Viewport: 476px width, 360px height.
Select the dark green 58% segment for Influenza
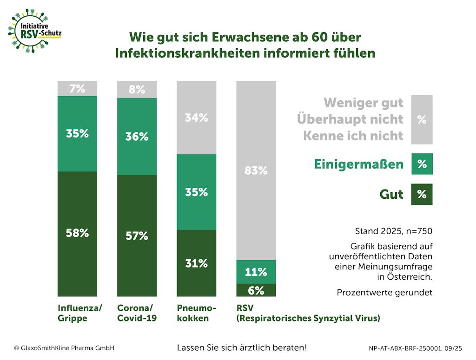click(x=77, y=234)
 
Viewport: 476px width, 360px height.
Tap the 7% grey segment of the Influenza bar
click(x=77, y=88)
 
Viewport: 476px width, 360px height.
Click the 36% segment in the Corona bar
click(x=137, y=137)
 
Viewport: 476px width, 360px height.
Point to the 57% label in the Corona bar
click(x=137, y=236)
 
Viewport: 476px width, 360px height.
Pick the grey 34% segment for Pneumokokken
click(x=196, y=118)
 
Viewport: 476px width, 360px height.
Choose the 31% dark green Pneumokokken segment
click(x=196, y=263)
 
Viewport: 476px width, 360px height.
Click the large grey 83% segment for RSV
click(x=256, y=170)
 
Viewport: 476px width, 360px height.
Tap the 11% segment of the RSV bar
click(x=256, y=272)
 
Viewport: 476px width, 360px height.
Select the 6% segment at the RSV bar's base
click(x=256, y=290)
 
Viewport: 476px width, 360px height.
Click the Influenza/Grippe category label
click(x=79, y=313)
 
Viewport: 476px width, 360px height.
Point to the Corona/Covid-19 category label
click(x=137, y=313)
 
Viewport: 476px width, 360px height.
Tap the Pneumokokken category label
click(x=196, y=313)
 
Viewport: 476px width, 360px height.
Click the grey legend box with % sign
click(x=422, y=120)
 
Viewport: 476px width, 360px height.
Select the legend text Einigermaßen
click(x=359, y=164)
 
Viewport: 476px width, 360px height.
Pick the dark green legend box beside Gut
click(x=422, y=194)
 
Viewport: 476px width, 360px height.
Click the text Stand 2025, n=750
click(x=393, y=230)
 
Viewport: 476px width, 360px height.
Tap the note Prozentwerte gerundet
click(x=384, y=293)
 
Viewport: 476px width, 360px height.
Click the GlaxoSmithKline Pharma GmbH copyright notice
click(x=64, y=348)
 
